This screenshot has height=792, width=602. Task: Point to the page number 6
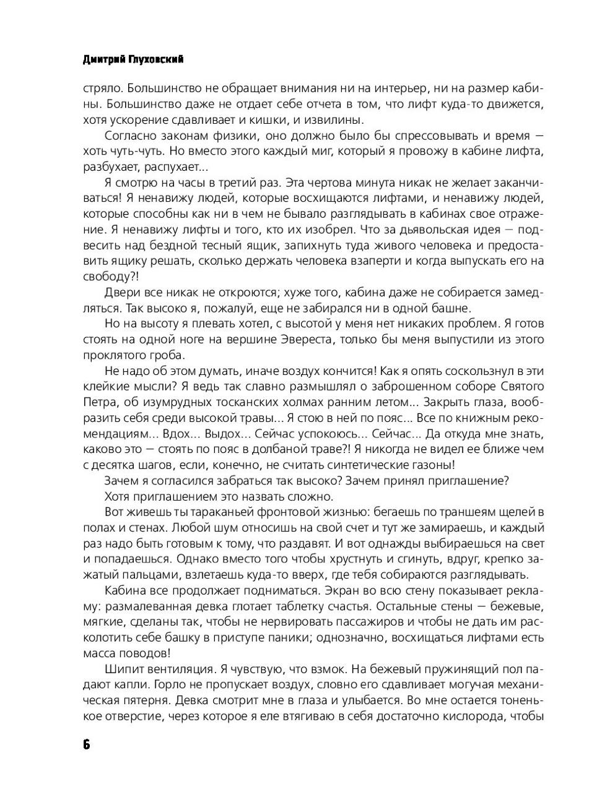[86, 744]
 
